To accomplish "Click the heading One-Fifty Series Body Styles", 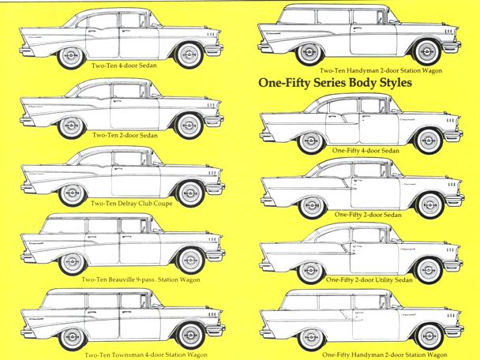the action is [x=336, y=83].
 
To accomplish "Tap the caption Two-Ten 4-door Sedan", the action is [x=124, y=66].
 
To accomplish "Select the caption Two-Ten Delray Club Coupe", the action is [x=131, y=204].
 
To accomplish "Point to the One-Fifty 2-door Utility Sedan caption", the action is [x=369, y=279].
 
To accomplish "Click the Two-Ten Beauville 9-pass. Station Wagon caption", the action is [x=141, y=279].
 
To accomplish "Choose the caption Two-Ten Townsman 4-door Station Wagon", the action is [x=146, y=355].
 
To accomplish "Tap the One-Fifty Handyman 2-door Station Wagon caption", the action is [x=382, y=354].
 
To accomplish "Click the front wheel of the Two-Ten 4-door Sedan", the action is [x=189, y=55].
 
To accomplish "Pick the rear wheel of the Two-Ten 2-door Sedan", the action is [x=71, y=126].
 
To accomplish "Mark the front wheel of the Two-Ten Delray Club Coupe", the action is [x=190, y=193].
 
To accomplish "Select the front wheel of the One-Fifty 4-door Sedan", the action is [x=429, y=141].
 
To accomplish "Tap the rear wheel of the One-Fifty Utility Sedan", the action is [x=311, y=272].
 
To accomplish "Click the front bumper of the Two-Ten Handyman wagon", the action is [x=452, y=47].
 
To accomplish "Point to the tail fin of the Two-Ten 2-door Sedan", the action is [x=27, y=106].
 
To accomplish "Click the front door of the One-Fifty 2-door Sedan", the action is [x=375, y=193].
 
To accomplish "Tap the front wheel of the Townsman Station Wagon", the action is [x=190, y=336].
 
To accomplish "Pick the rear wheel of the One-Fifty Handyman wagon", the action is [x=311, y=339].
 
